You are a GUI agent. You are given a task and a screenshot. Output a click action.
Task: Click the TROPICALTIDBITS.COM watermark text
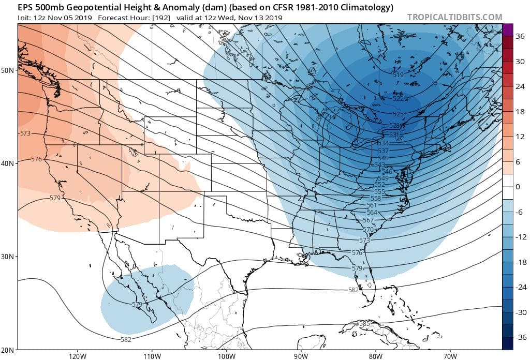pos(454,17)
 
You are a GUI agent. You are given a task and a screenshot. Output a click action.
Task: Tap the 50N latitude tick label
pos(7,70)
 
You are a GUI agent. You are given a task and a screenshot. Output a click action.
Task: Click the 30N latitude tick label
pos(7,257)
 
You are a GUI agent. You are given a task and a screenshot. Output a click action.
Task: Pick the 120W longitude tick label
pos(77,356)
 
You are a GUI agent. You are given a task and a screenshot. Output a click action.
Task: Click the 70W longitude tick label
pos(450,356)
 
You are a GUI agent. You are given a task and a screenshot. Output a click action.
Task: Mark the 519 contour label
pos(398,75)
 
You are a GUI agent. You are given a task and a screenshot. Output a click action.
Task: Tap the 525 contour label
pos(398,114)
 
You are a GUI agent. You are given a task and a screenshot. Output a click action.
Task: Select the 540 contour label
pos(383,158)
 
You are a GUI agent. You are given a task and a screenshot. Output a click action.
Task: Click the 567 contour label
pos(367,220)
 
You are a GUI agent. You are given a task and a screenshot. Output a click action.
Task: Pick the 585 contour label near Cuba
pos(364,324)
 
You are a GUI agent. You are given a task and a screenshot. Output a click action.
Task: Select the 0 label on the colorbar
pos(517,187)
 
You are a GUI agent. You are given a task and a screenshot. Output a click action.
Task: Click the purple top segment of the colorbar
pos(507,29)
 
